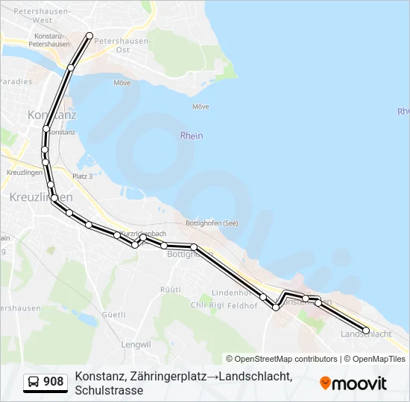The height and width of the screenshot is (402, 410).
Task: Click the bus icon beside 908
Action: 34,382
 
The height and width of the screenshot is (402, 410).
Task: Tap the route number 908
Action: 54,382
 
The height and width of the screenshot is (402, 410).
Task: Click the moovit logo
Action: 353,383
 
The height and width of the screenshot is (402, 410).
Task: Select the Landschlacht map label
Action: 365,334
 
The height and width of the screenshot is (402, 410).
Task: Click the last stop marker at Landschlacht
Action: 366,330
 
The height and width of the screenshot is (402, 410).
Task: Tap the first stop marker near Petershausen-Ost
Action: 90,36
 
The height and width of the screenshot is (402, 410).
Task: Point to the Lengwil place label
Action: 136,345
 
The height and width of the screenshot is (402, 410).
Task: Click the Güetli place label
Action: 113,315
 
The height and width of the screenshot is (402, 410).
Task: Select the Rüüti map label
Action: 171,289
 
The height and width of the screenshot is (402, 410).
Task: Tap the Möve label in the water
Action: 201,106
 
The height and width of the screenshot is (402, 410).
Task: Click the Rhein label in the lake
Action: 192,135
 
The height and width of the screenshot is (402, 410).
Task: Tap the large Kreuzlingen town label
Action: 41,197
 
